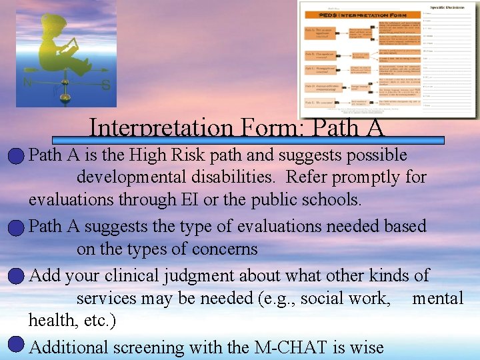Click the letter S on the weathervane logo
(105, 85)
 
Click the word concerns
(225, 249)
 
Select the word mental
(437, 298)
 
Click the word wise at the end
(366, 347)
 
